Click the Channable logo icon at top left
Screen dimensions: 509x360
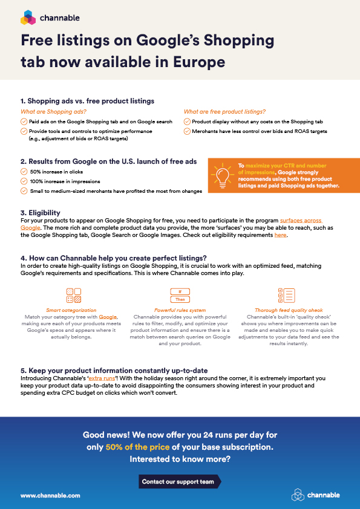(28, 18)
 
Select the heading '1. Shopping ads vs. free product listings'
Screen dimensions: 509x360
(87, 100)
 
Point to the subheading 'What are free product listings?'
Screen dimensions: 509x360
(224, 112)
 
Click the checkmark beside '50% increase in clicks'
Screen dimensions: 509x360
(24, 172)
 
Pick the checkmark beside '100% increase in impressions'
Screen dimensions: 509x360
(24, 181)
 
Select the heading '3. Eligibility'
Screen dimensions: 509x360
(41, 213)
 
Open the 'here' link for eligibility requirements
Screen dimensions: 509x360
(280, 235)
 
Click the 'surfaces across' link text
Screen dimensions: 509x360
(301, 220)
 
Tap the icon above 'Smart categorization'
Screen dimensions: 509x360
(73, 295)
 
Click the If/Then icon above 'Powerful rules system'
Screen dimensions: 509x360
(180, 295)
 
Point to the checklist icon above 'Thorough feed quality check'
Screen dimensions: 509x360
(285, 295)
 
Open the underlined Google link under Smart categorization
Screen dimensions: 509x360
(108, 317)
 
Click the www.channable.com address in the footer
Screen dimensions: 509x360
(50, 495)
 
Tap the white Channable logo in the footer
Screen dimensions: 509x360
(315, 494)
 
